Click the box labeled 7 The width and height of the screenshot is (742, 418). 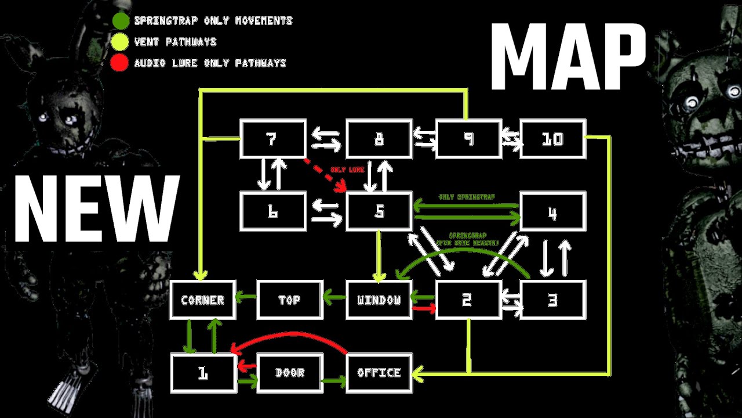tap(273, 139)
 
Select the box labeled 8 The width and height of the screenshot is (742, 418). tap(379, 139)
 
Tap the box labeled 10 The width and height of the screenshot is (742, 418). tap(553, 139)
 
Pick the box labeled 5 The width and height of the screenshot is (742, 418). tap(379, 211)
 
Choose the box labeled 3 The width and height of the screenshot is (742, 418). tap(553, 300)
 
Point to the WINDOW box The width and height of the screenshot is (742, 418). tap(379, 300)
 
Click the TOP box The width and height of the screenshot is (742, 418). tap(289, 300)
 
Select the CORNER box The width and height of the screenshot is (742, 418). tap(202, 300)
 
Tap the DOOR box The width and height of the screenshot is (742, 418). tap(289, 373)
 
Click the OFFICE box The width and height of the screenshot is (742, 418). tap(379, 373)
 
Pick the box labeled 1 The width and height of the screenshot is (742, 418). tap(203, 373)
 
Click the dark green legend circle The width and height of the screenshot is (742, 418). tap(121, 20)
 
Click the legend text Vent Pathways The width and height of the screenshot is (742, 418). tap(175, 42)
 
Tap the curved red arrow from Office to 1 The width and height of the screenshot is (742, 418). tap(290, 336)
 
